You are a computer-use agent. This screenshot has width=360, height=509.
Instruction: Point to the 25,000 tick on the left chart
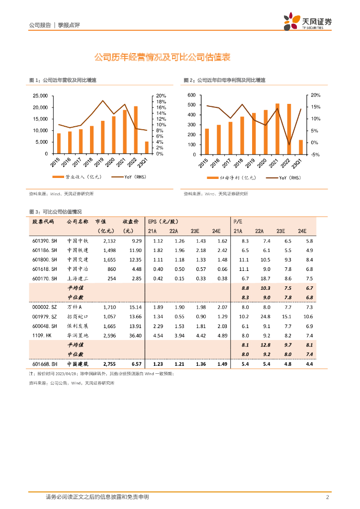tap(40, 96)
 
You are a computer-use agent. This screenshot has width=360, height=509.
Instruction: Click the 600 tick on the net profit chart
tap(192, 95)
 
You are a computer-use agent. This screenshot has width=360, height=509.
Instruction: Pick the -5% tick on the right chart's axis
tap(315, 154)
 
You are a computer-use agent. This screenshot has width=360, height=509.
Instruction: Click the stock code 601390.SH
tap(45, 241)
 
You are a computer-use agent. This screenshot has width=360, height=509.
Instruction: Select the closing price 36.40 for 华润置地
tap(135, 336)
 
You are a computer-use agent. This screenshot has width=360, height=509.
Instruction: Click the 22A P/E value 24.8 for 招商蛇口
tap(259, 317)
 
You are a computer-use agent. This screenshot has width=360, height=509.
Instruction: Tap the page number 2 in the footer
tap(328, 497)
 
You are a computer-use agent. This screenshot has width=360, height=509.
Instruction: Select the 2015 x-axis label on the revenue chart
tap(55, 162)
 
